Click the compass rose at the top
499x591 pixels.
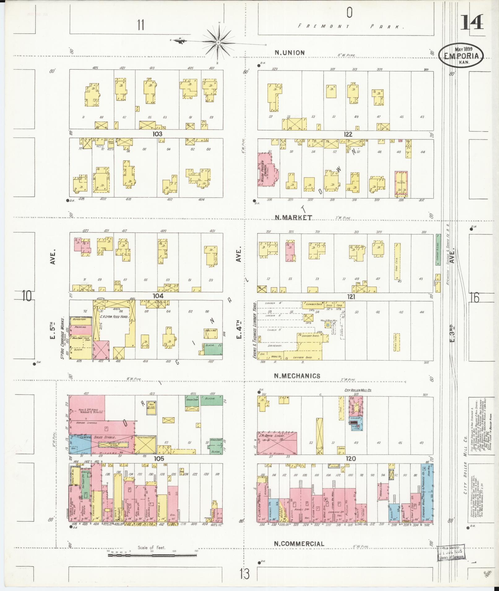click(x=218, y=42)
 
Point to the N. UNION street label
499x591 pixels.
click(x=290, y=53)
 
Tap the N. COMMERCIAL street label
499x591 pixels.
click(x=299, y=543)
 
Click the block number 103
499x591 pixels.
click(x=157, y=134)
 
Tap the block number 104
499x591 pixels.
click(x=158, y=296)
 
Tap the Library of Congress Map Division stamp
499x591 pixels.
click(x=452, y=553)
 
